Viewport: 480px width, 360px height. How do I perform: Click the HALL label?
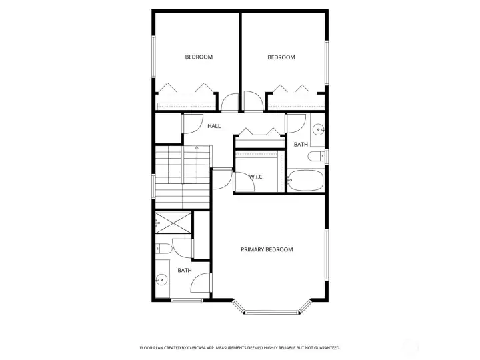coord(214,126)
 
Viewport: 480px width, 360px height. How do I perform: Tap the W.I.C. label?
coord(256,177)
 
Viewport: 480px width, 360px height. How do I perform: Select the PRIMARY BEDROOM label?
coord(267,249)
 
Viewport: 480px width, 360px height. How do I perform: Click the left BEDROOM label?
coord(199,57)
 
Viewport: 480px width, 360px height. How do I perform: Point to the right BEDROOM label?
coord(281,57)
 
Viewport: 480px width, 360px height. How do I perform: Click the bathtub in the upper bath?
coord(306,180)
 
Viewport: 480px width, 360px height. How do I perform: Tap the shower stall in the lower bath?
coord(173,223)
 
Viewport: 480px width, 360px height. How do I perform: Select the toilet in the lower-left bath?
coord(163,249)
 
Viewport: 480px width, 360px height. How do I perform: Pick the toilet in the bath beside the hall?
coord(316,157)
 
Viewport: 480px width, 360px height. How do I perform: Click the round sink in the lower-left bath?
coord(161,279)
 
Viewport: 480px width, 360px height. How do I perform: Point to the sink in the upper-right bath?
coord(319,129)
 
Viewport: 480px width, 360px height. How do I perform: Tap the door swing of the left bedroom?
coord(230,102)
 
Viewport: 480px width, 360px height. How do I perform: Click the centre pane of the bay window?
coord(271,313)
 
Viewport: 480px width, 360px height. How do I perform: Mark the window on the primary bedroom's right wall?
coord(327,255)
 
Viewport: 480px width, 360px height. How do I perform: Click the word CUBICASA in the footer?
coord(198,348)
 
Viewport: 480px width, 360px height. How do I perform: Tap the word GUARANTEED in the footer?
coord(327,348)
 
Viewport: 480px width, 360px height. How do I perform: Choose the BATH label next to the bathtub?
coord(301,145)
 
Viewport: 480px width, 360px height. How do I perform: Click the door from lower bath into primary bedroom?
coord(201,283)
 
